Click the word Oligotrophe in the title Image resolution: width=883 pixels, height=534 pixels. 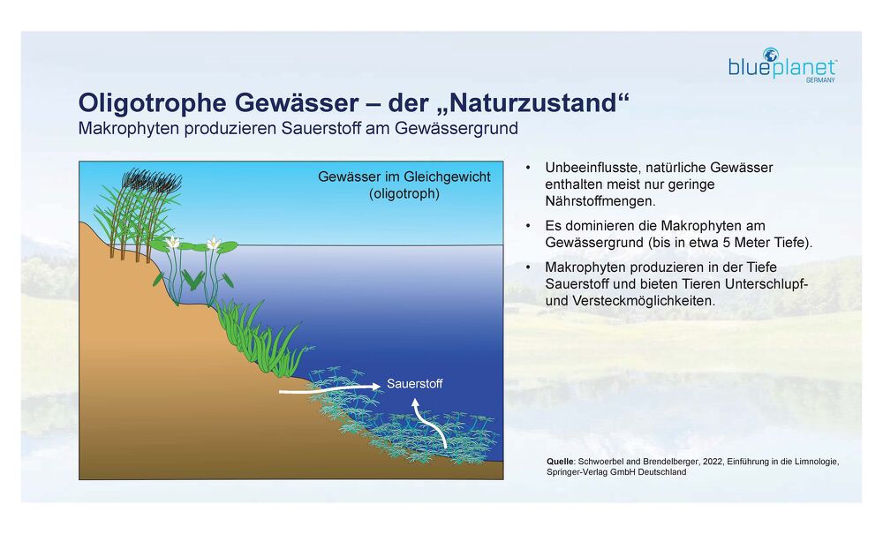[x=153, y=103]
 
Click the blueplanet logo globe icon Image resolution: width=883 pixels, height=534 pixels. [x=770, y=55]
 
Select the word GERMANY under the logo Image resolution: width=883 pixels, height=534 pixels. [x=820, y=80]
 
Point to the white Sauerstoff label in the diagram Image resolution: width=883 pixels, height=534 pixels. [x=414, y=384]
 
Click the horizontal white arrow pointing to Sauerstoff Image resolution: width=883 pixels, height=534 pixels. [x=330, y=388]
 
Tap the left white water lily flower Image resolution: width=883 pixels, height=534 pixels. [x=173, y=243]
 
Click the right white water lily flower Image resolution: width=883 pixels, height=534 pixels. [x=214, y=243]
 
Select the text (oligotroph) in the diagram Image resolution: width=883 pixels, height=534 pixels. [x=404, y=194]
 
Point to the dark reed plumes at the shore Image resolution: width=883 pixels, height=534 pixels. [x=152, y=180]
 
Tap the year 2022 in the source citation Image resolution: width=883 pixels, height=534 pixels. [x=713, y=462]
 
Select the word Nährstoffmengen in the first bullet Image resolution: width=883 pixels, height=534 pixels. [x=600, y=201]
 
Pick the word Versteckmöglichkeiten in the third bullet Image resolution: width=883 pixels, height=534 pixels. [x=644, y=301]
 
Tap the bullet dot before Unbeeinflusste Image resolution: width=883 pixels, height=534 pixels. [x=528, y=168]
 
